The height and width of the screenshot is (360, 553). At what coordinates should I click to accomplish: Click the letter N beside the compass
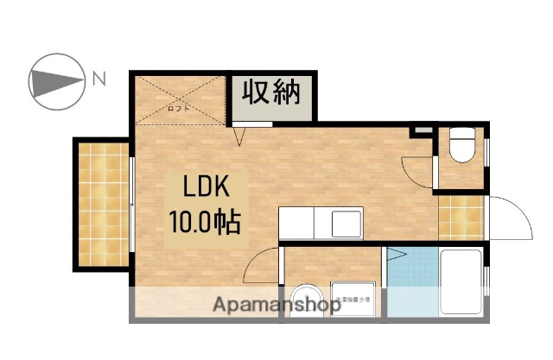(x=99, y=80)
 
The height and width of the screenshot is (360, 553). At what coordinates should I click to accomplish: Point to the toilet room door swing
(x=420, y=171)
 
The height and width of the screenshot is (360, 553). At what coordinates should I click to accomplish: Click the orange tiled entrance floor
(x=461, y=217)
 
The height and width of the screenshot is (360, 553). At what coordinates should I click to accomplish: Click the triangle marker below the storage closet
(x=241, y=134)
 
